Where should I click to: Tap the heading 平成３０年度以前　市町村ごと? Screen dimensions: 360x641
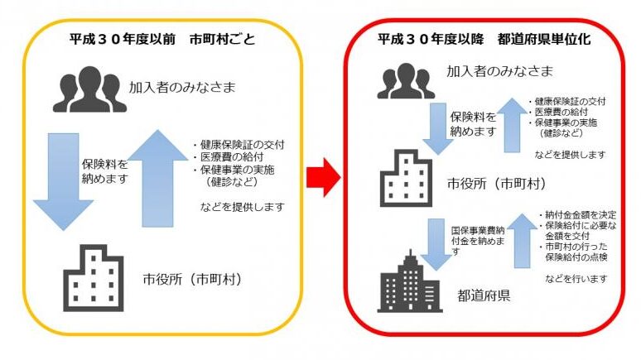coord(161,38)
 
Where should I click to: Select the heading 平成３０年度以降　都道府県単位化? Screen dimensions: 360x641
coord(484,38)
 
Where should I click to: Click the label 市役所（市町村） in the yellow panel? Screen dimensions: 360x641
coord(192,280)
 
